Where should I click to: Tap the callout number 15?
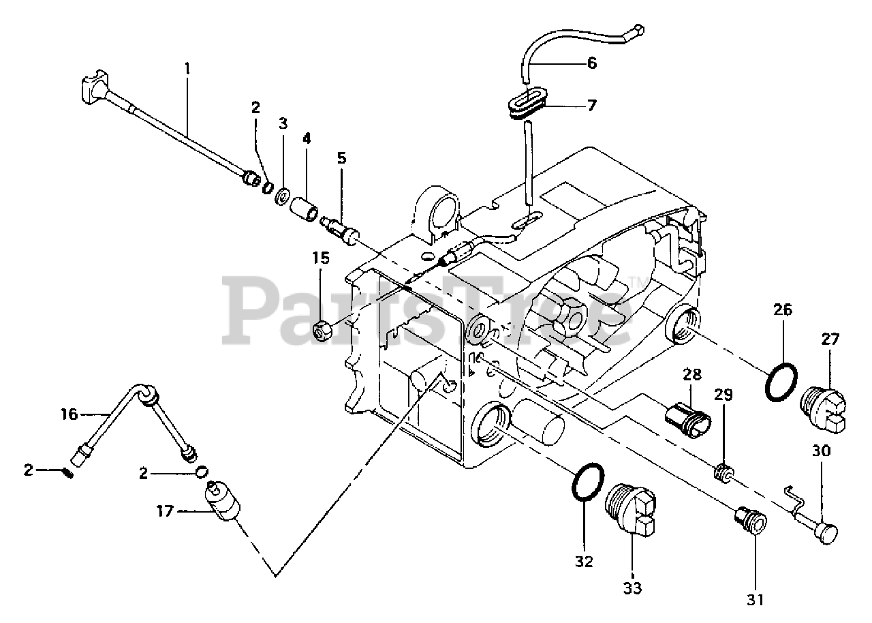pyautogui.click(x=321, y=258)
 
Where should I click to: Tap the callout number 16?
pyautogui.click(x=69, y=413)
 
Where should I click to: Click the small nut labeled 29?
pyautogui.click(x=723, y=472)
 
